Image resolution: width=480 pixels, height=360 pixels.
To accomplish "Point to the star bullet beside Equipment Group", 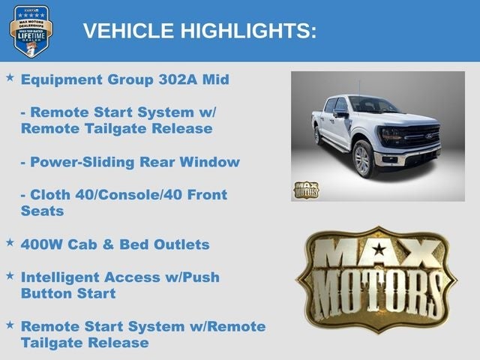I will [x=10, y=78].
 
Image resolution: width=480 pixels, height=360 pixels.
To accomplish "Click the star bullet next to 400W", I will [x=10, y=243].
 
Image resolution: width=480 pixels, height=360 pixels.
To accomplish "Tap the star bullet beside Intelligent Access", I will [x=10, y=276].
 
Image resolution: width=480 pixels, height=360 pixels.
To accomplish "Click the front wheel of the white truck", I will [x=362, y=160].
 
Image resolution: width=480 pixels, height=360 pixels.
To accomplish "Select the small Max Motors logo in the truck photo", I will [x=305, y=189].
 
